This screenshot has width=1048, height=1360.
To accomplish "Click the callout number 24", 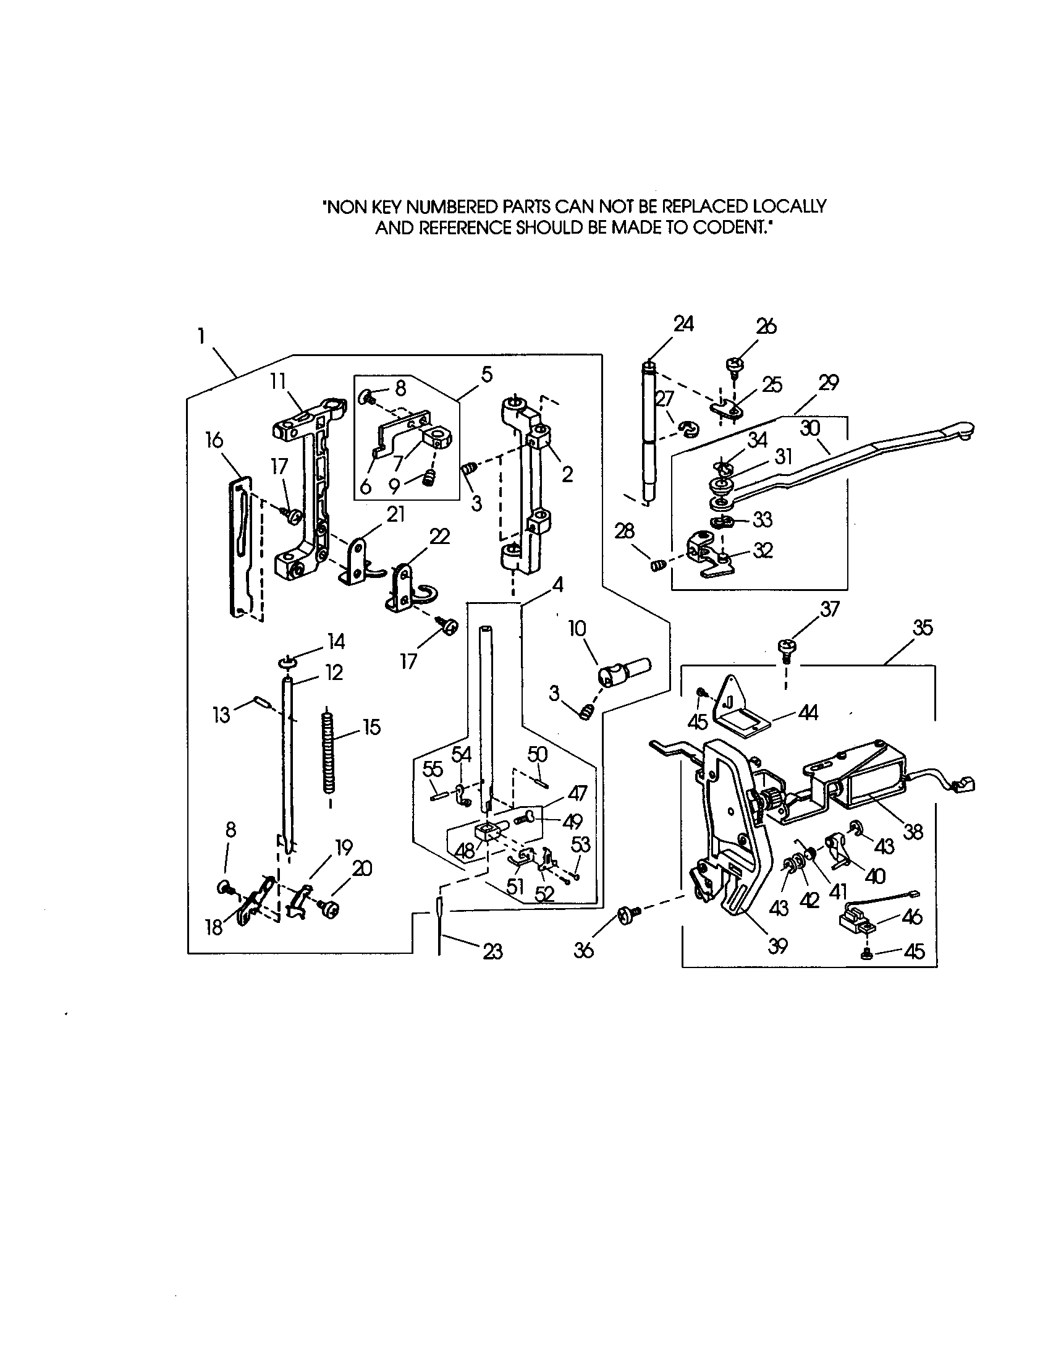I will [x=683, y=324].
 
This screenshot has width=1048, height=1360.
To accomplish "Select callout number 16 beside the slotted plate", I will [x=213, y=440].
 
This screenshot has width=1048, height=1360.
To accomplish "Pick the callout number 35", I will [x=923, y=627].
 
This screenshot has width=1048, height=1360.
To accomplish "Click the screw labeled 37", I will [x=785, y=650].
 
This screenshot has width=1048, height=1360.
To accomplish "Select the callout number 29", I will [x=828, y=382].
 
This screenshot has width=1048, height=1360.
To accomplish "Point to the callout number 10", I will [x=577, y=628].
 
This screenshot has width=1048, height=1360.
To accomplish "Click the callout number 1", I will [x=201, y=337].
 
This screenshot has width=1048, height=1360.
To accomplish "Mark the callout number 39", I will [x=778, y=946].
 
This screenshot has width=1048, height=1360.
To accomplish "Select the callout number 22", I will [x=439, y=536].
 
